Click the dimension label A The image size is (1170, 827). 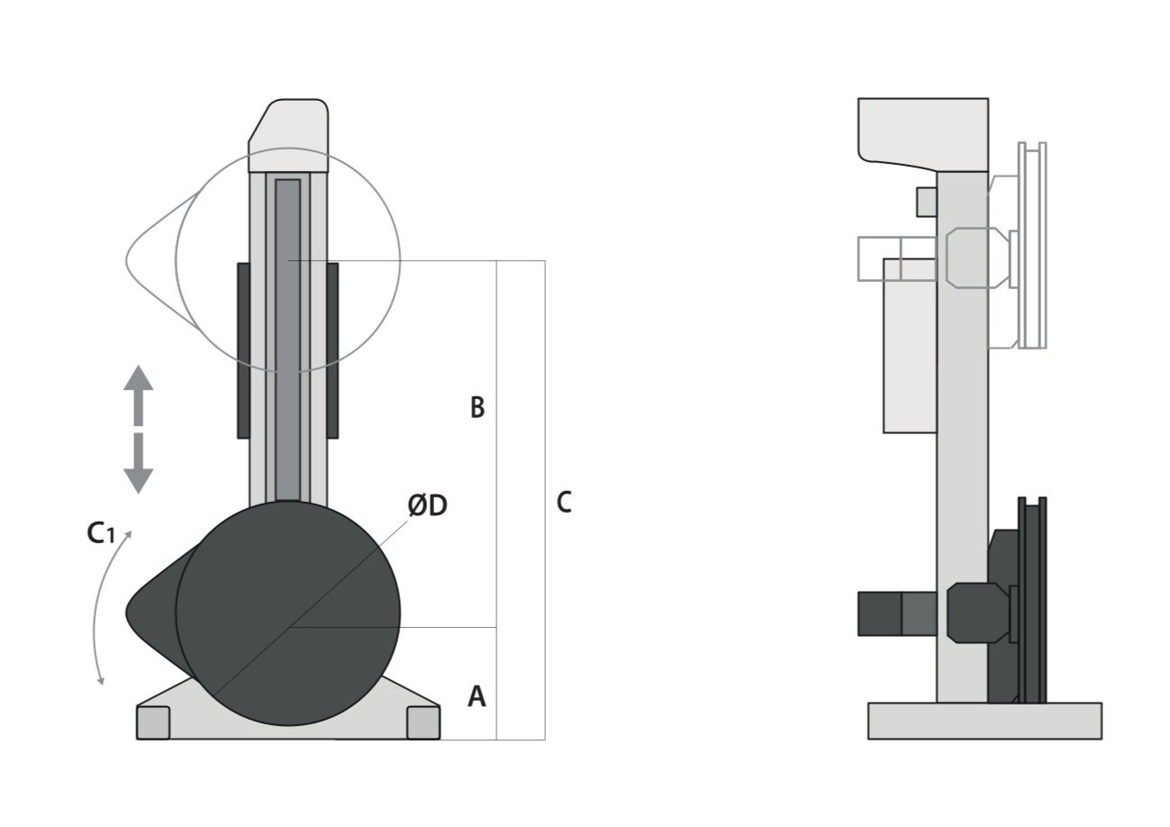click(476, 696)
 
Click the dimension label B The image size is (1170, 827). click(477, 407)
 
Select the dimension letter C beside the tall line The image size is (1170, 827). click(564, 502)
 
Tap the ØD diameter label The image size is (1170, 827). click(427, 506)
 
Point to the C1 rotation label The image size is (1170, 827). click(100, 533)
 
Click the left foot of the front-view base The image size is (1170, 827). click(153, 722)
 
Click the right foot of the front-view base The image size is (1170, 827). click(423, 722)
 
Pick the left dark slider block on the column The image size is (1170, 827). click(243, 350)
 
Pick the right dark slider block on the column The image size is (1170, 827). click(332, 350)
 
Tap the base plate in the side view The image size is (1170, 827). click(984, 721)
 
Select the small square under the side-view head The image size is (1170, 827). click(927, 202)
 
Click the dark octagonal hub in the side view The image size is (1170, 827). click(978, 613)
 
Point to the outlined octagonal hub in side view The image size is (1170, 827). click(978, 258)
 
